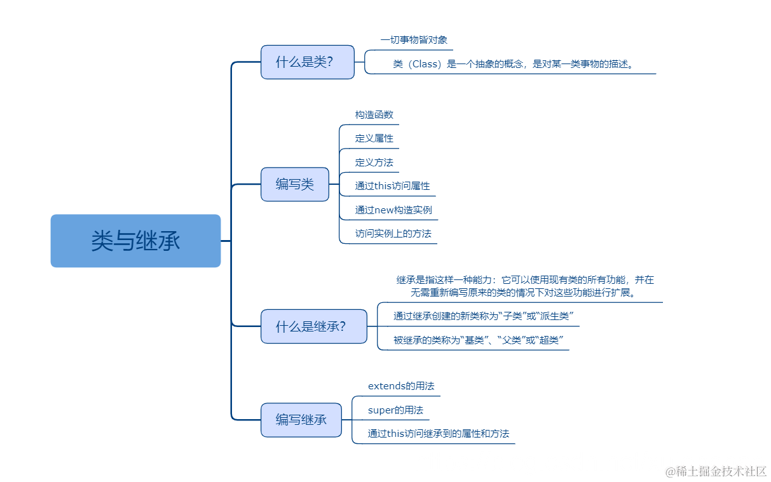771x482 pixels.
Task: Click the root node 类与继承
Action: tap(135, 241)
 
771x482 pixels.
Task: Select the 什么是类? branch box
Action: tap(307, 62)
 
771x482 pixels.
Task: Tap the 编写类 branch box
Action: tap(295, 184)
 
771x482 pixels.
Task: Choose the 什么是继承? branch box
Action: tap(313, 326)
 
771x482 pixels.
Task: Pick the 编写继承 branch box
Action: tap(301, 420)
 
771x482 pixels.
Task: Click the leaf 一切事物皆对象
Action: tap(414, 40)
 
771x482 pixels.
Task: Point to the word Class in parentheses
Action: tap(425, 64)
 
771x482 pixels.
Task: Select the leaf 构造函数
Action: tap(374, 115)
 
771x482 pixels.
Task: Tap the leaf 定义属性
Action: tap(374, 138)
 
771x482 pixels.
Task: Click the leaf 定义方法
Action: tap(374, 163)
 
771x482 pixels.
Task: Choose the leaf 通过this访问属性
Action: tap(392, 186)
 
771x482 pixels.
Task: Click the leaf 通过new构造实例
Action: tap(393, 210)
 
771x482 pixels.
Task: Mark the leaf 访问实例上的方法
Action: tap(393, 234)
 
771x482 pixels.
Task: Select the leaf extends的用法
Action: tap(401, 386)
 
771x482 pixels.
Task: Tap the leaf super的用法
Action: tap(395, 410)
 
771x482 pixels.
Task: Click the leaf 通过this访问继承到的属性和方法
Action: tap(439, 434)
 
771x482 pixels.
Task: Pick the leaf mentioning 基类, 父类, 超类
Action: tap(479, 340)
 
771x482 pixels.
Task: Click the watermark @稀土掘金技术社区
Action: tap(716, 471)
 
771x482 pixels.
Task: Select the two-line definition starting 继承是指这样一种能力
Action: tap(524, 286)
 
